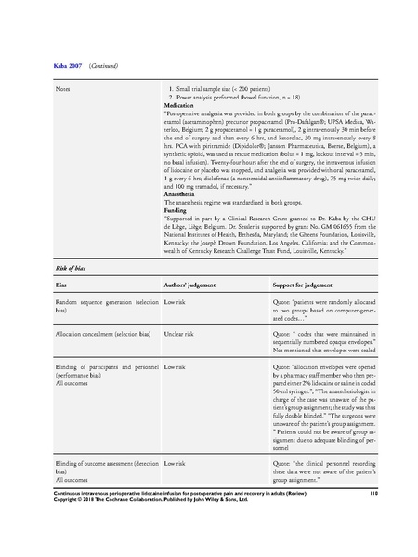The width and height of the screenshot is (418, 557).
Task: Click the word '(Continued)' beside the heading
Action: (x=103, y=66)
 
